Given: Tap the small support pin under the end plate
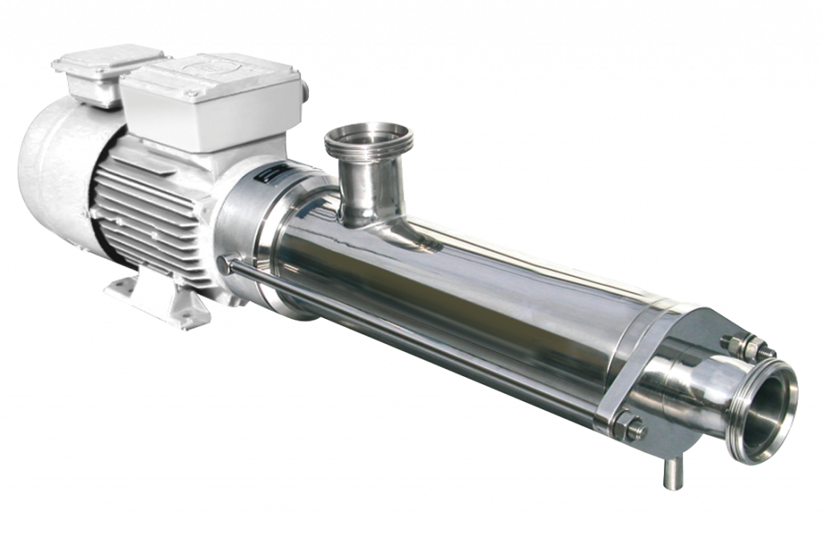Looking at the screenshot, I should point(669,473).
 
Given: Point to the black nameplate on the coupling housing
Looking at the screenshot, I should point(262,177).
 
